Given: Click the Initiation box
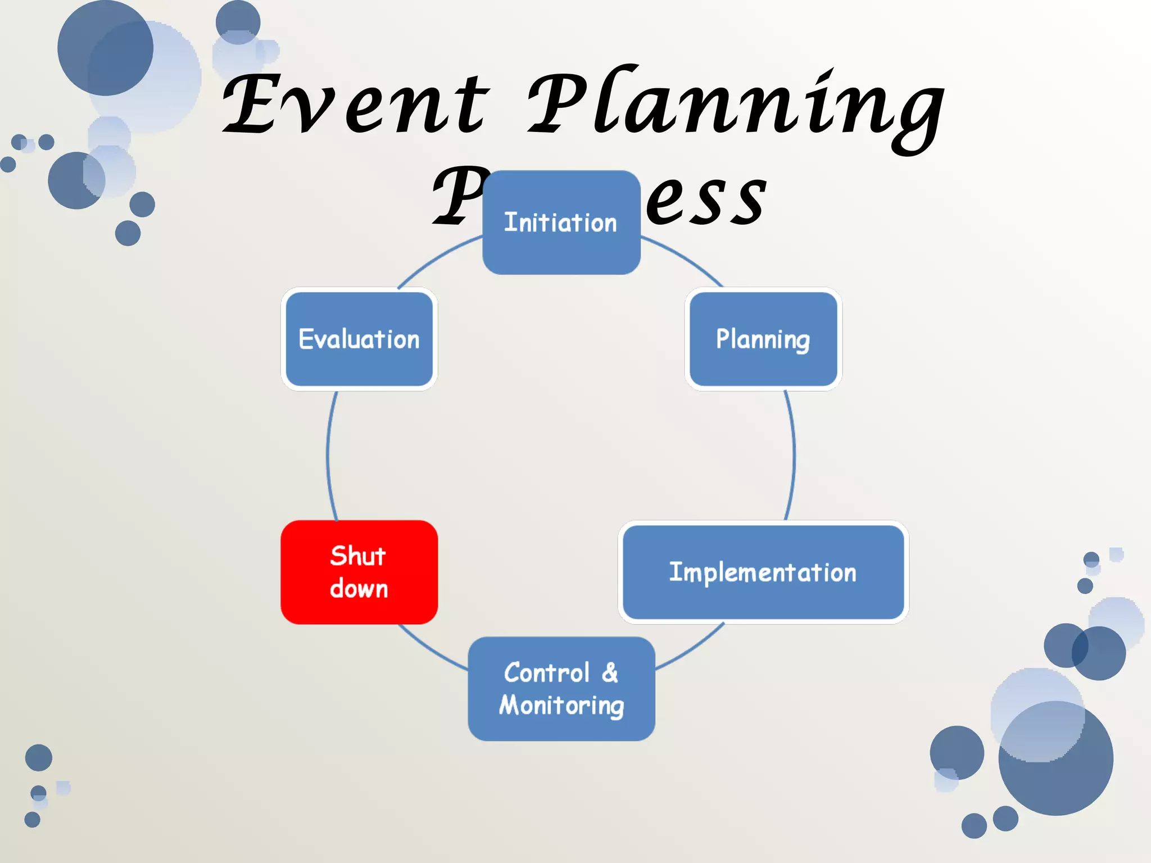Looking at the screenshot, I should (561, 222).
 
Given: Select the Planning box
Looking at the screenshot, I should (763, 339).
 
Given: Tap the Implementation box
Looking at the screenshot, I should (763, 572).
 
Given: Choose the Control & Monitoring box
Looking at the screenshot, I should (561, 688).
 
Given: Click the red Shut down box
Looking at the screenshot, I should (359, 572).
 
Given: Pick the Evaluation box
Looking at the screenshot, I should (359, 339).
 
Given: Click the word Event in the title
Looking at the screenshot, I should (357, 104).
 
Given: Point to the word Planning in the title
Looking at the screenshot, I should (736, 107).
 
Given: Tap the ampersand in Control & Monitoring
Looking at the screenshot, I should (610, 673).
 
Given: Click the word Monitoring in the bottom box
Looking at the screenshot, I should (561, 706).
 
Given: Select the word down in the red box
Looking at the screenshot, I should (359, 589).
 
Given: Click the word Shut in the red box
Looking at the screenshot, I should (358, 556).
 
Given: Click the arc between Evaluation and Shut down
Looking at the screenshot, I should (328, 455).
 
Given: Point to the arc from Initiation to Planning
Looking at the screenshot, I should (686, 258).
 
